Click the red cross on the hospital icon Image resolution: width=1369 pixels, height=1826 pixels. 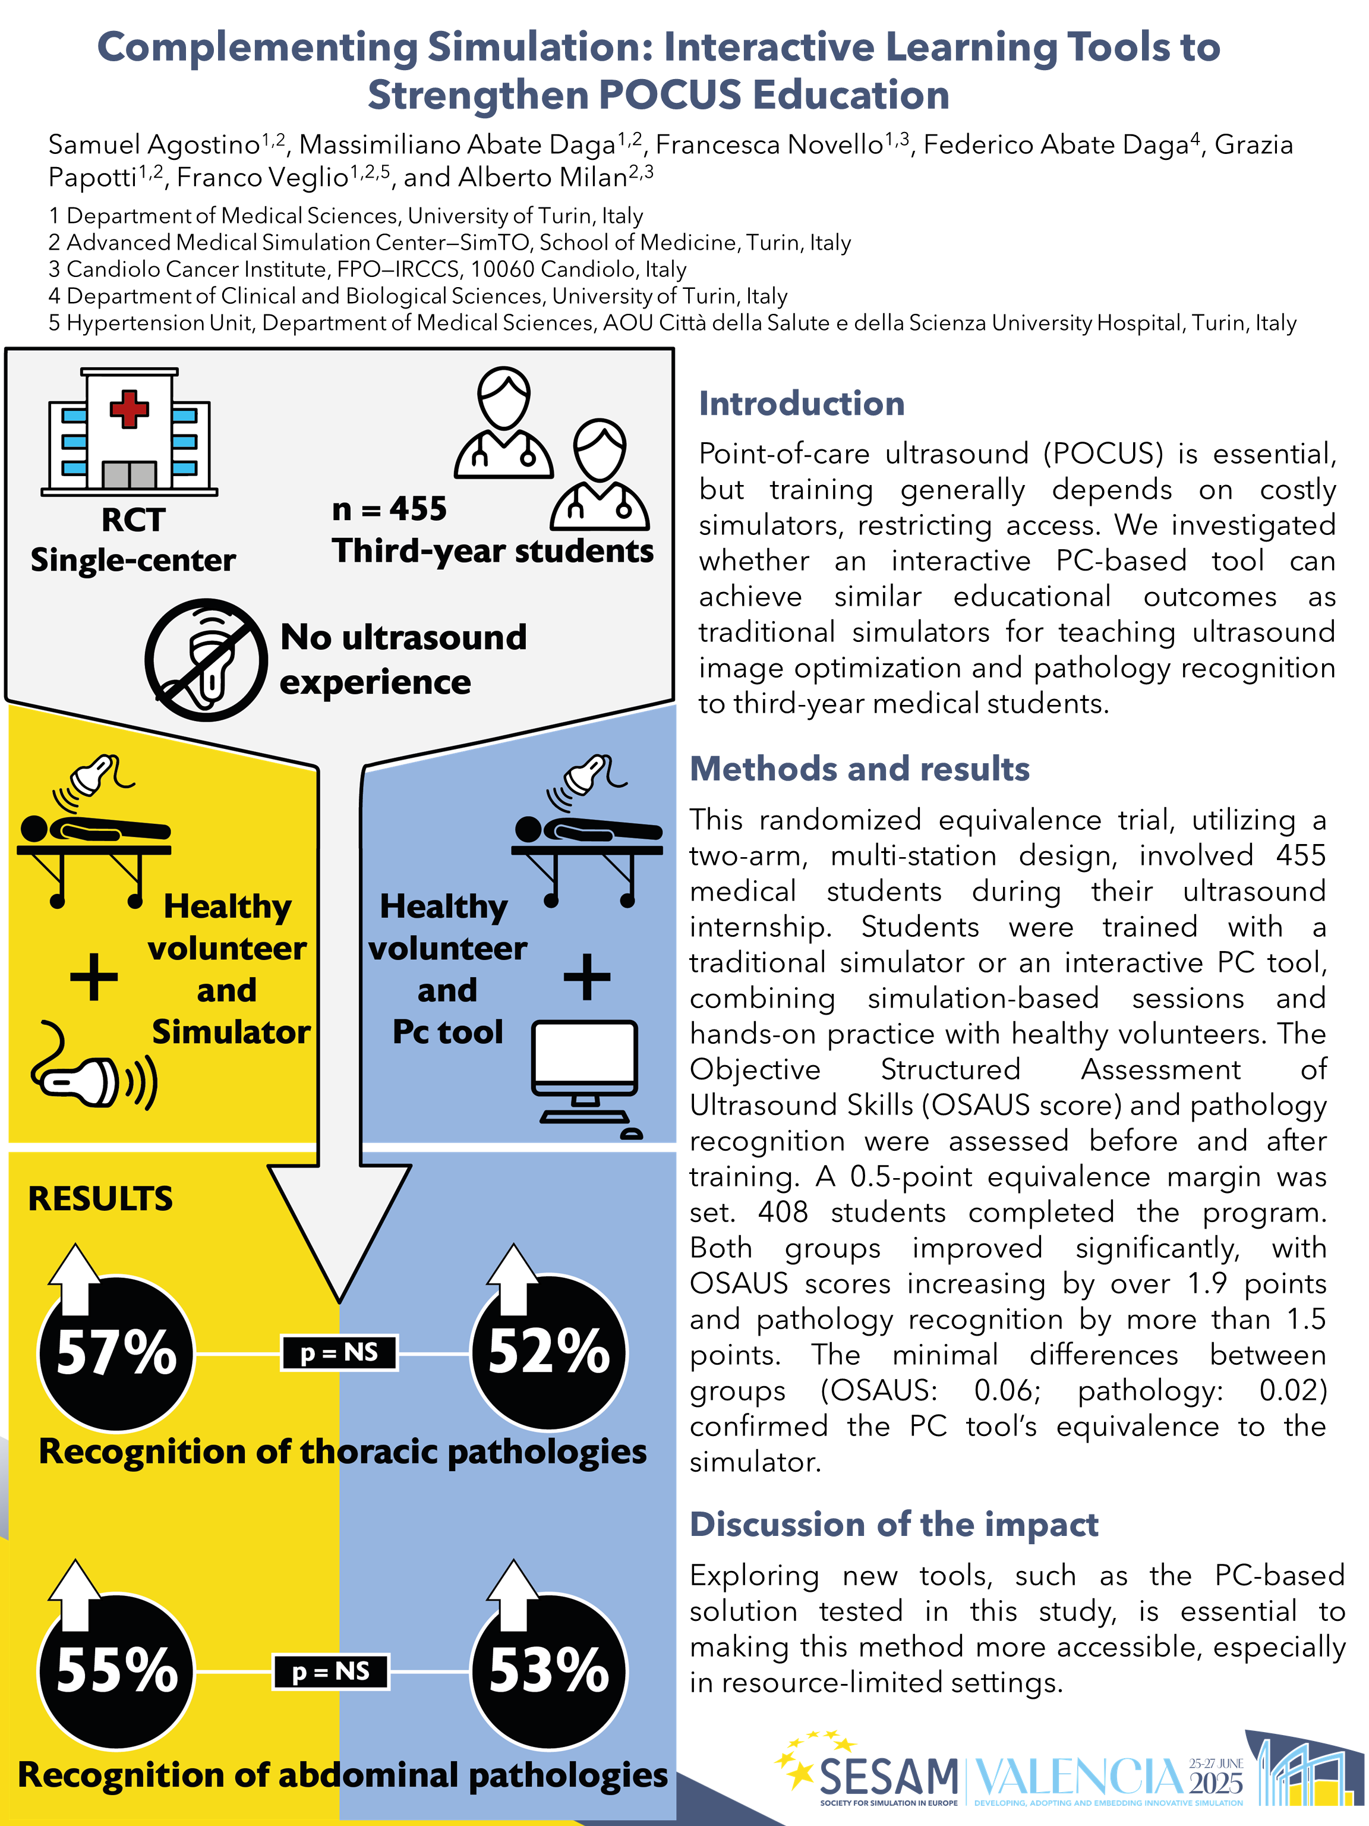click(129, 408)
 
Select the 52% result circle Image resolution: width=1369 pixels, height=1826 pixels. click(549, 1352)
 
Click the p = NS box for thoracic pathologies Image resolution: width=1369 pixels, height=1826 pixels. click(339, 1353)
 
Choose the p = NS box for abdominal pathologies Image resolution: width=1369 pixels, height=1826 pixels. click(331, 1671)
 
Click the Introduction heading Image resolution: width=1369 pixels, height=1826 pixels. click(802, 404)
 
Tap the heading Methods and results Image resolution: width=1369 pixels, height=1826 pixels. click(859, 769)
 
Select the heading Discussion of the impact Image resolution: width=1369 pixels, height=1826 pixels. click(894, 1524)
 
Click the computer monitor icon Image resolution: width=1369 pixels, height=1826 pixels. click(585, 1061)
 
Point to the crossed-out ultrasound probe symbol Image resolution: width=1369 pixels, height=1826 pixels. click(206, 660)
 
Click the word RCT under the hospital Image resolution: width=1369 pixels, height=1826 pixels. click(133, 520)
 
